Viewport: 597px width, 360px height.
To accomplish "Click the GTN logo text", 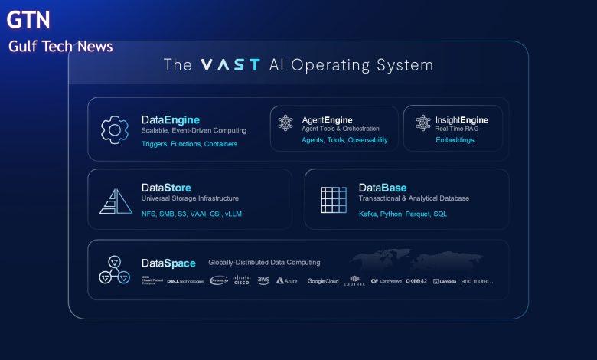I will point(28,19).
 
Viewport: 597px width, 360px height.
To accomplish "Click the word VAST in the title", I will point(230,65).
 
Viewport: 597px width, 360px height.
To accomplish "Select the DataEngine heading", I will point(170,119).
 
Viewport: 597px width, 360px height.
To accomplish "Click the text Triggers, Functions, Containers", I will point(189,144).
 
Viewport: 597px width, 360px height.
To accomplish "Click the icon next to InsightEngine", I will point(423,123).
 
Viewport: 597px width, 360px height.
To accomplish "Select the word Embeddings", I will point(455,140).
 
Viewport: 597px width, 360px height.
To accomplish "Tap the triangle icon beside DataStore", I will point(116,200).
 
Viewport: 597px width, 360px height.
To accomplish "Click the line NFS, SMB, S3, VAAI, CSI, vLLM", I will point(191,214).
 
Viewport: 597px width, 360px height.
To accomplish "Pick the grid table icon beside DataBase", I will point(333,200).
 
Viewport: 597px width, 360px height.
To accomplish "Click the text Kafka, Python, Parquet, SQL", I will point(403,214).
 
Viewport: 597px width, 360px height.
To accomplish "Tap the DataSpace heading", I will point(168,263).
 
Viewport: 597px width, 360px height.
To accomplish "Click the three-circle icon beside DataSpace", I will point(115,269).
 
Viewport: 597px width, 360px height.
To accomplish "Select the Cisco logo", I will point(241,280).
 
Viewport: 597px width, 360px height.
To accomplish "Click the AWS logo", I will point(263,280).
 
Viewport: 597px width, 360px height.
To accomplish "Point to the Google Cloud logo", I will point(322,281).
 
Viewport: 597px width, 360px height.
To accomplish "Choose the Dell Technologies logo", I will point(185,281).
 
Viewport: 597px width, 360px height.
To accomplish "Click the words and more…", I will point(477,281).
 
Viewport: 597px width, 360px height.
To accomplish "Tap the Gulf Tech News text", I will point(60,47).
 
